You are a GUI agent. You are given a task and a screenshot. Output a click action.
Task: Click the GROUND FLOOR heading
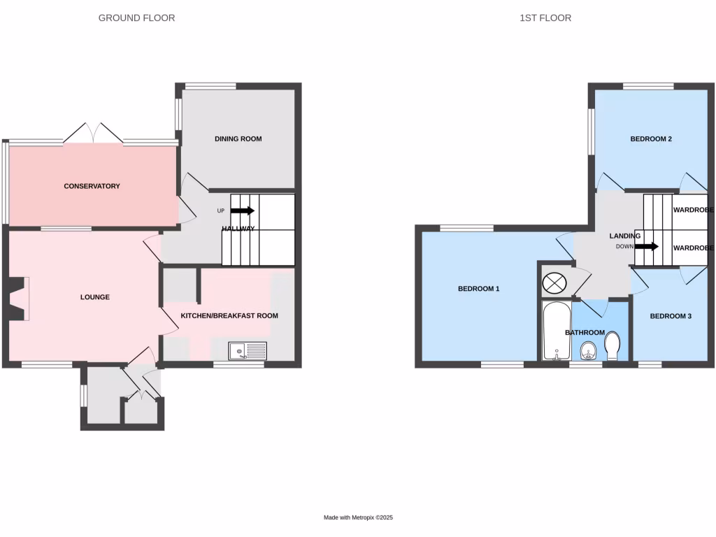(136, 17)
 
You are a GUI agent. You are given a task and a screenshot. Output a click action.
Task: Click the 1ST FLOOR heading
(545, 17)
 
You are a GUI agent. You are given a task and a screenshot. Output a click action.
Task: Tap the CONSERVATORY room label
(92, 186)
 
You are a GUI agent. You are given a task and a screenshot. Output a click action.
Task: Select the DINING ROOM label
(238, 138)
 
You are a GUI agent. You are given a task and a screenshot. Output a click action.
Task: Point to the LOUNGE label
(94, 297)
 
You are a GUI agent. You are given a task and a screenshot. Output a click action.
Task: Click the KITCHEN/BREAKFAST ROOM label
(229, 315)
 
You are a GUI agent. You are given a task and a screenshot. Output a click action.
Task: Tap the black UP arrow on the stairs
(242, 210)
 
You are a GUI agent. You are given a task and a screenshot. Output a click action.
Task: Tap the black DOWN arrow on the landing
(646, 246)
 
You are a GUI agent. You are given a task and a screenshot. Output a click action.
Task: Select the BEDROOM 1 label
(478, 288)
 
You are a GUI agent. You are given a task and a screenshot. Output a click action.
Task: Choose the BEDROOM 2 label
(651, 138)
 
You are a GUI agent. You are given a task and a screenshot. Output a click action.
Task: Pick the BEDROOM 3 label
(671, 316)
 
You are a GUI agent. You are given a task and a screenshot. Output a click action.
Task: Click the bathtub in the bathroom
(557, 331)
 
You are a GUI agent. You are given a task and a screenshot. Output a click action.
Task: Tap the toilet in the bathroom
(613, 345)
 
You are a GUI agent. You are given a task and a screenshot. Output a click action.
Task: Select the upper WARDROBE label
(692, 209)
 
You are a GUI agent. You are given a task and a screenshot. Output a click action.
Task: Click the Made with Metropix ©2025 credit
(358, 517)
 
